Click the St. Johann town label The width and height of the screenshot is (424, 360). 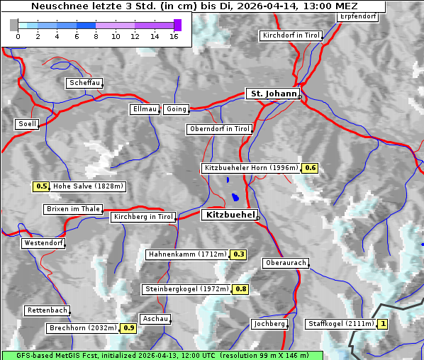272,94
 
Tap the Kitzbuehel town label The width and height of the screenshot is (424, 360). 229,214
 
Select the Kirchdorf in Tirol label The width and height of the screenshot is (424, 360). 291,35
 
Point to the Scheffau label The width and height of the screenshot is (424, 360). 84,83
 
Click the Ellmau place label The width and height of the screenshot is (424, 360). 145,109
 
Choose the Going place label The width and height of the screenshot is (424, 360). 176,109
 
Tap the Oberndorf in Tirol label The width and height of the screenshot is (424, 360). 219,129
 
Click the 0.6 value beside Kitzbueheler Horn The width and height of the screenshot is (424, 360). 310,168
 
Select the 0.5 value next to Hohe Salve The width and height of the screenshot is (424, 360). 41,186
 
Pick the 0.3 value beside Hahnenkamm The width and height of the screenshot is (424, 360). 238,254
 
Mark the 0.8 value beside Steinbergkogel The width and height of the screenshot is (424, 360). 241,289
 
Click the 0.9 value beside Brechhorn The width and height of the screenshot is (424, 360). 128,328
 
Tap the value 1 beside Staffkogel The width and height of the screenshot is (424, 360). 384,324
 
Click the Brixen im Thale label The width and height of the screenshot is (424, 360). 73,209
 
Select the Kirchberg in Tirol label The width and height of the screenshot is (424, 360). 143,217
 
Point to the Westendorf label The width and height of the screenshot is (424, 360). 43,243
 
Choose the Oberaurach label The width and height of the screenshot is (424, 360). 285,263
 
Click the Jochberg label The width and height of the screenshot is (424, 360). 269,324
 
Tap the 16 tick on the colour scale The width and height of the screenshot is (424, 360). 174,36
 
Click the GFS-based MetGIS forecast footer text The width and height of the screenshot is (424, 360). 162,355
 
